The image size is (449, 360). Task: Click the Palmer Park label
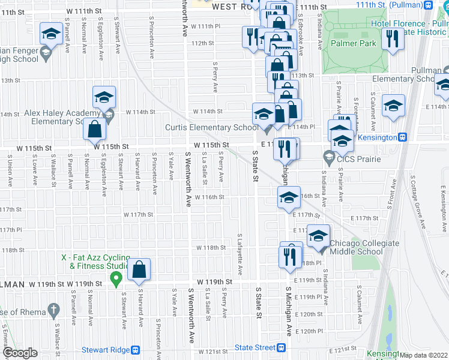[358, 43]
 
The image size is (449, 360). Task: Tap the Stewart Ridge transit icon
[136, 350]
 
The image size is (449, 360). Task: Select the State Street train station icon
[282, 347]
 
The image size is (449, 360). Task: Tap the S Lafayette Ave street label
[240, 254]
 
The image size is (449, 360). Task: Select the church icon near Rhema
[53, 311]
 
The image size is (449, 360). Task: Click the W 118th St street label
[211, 247]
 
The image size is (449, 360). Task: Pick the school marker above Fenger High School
[50, 34]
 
